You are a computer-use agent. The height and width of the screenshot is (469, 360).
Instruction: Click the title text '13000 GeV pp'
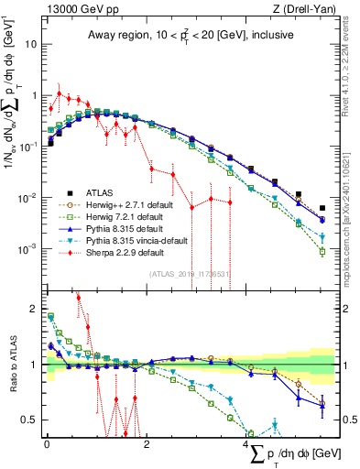tap(76, 10)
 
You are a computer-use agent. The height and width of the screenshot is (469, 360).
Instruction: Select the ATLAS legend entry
tap(98, 192)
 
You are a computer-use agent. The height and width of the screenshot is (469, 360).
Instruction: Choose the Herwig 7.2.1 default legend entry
tap(121, 216)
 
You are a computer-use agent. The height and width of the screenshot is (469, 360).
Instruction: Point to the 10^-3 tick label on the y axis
tap(29, 249)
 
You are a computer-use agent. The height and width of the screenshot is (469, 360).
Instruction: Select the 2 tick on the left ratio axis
tap(35, 309)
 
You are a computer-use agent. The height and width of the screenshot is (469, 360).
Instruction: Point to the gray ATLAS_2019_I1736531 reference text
tap(189, 274)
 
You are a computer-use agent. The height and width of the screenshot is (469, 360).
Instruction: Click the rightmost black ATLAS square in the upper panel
tap(322, 208)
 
